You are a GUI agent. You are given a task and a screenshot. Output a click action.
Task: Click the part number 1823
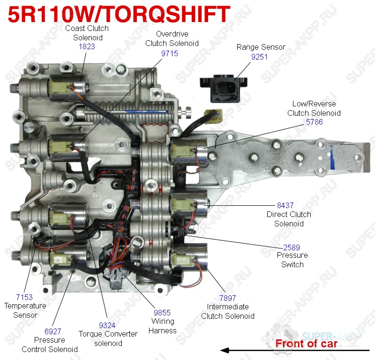[87, 47]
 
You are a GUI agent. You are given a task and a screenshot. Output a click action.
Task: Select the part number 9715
[169, 53]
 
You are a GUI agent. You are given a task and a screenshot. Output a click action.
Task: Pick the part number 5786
[314, 122]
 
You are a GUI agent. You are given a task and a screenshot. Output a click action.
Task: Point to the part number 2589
[292, 247]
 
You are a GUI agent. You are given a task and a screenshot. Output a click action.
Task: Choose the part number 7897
[227, 298]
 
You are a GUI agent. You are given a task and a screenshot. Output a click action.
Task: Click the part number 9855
[163, 312]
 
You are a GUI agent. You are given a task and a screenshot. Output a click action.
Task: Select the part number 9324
[108, 325]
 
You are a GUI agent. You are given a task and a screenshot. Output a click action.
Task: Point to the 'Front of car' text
[306, 344]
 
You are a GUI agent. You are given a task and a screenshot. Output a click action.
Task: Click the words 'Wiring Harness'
[163, 326]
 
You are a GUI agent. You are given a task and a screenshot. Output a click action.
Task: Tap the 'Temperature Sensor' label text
[25, 310]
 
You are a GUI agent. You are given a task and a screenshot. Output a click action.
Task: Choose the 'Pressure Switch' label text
[292, 260]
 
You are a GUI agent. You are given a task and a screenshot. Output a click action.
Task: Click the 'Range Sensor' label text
[261, 47]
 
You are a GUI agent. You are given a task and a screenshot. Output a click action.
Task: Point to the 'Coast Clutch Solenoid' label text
[87, 33]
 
